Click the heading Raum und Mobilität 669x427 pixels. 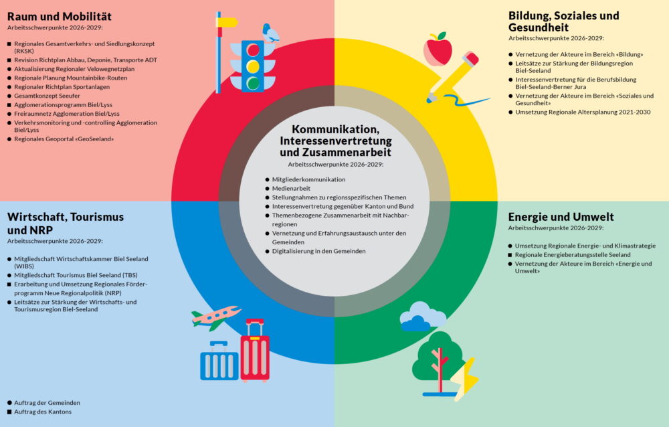[60, 17]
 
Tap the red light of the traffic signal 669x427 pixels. [253, 50]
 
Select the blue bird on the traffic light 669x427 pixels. [270, 33]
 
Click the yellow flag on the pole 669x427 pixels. [227, 22]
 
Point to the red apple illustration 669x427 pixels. [438, 49]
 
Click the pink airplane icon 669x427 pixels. [215, 317]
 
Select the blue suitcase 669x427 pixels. [219, 361]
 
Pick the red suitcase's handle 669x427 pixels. [255, 327]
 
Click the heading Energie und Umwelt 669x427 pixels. [561, 217]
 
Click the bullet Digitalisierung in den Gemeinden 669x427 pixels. [318, 251]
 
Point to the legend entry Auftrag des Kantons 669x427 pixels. [43, 412]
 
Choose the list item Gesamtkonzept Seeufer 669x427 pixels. [47, 96]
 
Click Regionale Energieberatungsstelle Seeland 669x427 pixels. [573, 254]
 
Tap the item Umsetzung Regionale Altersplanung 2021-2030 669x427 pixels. [583, 112]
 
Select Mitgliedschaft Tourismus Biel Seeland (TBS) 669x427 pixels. [76, 275]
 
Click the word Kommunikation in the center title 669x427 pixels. [335, 129]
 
